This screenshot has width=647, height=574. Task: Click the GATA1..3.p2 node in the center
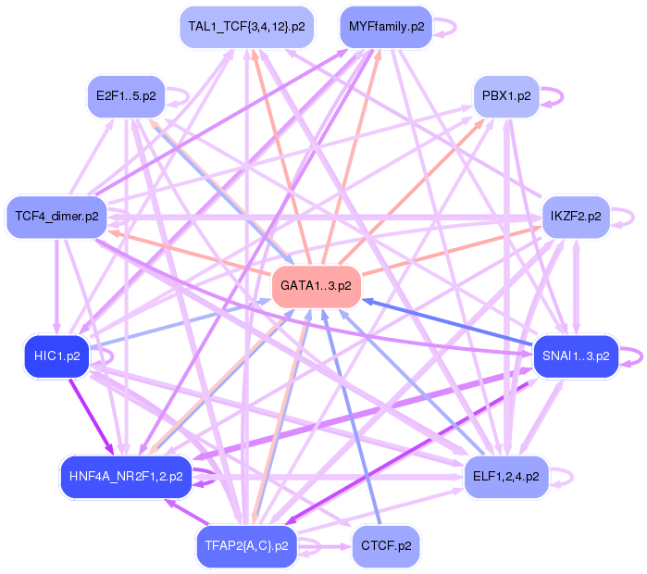[316, 286]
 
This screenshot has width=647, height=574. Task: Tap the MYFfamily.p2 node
[384, 27]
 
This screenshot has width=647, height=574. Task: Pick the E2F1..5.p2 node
[126, 95]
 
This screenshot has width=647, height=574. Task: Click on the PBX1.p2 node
[506, 95]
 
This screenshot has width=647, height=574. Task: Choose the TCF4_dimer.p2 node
[56, 217]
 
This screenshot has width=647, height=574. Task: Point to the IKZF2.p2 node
[575, 217]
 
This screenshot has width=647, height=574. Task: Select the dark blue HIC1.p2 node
[56, 356]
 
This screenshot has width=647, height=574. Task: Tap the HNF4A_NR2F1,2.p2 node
[126, 477]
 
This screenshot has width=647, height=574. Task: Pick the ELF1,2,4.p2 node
[505, 477]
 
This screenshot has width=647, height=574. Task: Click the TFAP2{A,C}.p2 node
[244, 546]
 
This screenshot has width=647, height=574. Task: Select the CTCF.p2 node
[385, 546]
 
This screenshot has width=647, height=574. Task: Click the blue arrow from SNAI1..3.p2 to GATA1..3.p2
[444, 325]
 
